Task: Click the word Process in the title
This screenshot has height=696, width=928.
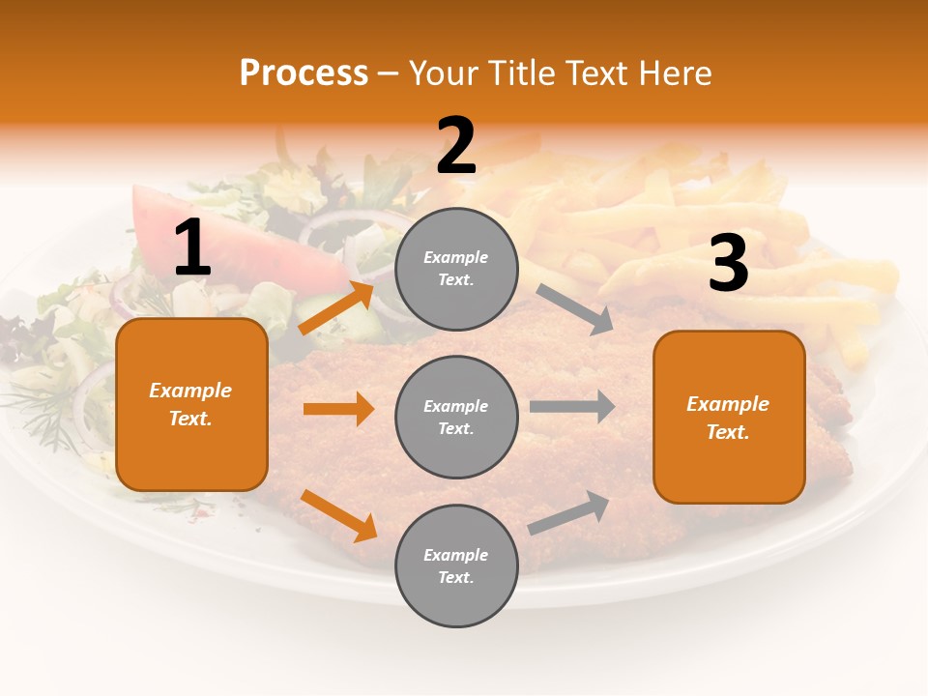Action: pyautogui.click(x=304, y=72)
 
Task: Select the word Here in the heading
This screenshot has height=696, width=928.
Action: pyautogui.click(x=675, y=72)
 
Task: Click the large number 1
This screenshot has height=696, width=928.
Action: pyautogui.click(x=192, y=248)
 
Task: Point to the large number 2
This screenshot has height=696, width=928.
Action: pyautogui.click(x=456, y=146)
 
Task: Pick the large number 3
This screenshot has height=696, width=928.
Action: pyautogui.click(x=728, y=264)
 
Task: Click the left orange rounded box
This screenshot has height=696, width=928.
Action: pyautogui.click(x=191, y=404)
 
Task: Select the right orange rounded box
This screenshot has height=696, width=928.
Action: pyautogui.click(x=729, y=417)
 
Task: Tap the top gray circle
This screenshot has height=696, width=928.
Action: pyautogui.click(x=456, y=269)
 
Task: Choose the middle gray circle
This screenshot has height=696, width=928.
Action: pyautogui.click(x=456, y=417)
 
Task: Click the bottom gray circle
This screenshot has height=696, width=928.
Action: pyautogui.click(x=456, y=565)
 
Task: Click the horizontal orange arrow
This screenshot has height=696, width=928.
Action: pyautogui.click(x=338, y=409)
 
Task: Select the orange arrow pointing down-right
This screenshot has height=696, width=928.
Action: pyautogui.click(x=338, y=515)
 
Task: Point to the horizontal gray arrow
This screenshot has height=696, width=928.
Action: pyautogui.click(x=572, y=407)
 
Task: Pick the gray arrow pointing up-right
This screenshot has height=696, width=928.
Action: pyautogui.click(x=569, y=512)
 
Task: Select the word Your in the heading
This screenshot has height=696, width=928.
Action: pyautogui.click(x=445, y=72)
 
